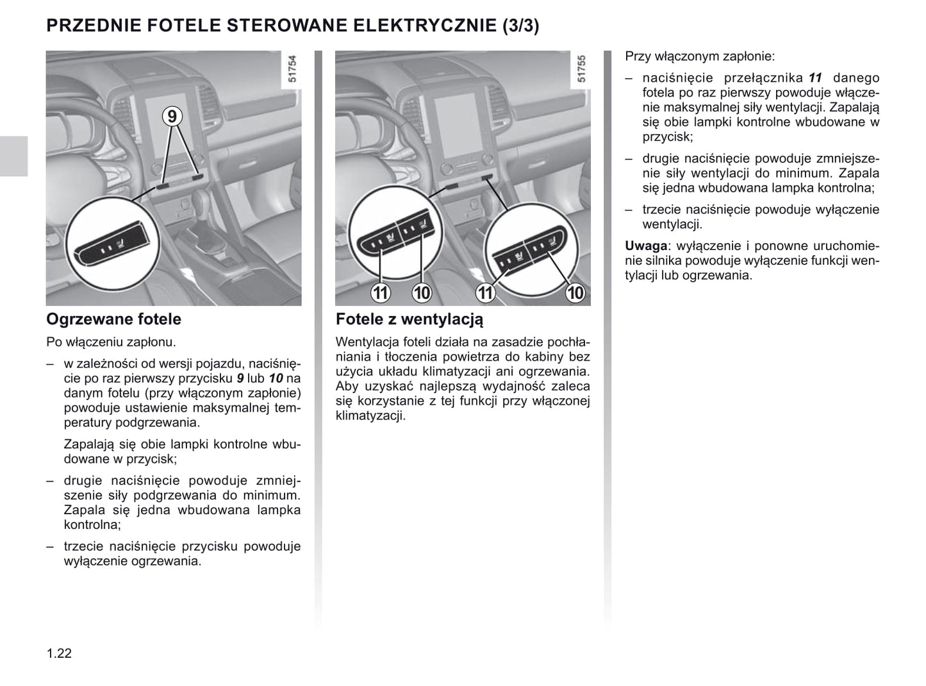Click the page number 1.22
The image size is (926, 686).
click(x=59, y=653)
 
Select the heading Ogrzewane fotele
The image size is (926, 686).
click(x=113, y=319)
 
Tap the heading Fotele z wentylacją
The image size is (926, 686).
click(x=409, y=319)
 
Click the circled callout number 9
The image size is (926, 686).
click(x=172, y=117)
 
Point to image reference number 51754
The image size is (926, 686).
click(x=292, y=69)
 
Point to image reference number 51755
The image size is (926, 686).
click(x=581, y=69)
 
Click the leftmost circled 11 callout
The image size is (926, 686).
click(x=381, y=293)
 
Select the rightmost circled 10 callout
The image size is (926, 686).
click(x=575, y=293)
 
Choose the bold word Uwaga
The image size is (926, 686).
click(x=646, y=246)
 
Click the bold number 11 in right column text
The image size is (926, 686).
click(x=814, y=78)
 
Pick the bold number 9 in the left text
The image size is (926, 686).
click(x=240, y=378)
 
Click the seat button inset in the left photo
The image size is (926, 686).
click(x=113, y=244)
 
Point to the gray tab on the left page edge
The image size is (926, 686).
click(x=13, y=156)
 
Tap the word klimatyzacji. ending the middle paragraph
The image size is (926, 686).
click(x=370, y=415)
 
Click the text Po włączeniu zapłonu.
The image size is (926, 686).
click(x=111, y=342)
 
